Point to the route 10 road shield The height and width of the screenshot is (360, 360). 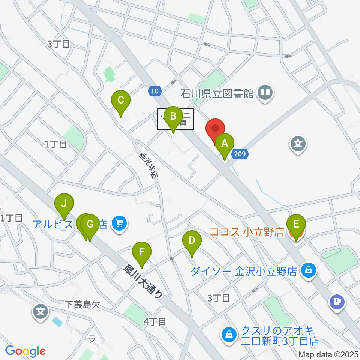[x=155, y=91]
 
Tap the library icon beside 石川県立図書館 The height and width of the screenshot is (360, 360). [x=265, y=92]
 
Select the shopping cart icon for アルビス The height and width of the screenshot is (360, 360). [x=120, y=224]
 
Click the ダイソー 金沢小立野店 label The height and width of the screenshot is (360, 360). [x=244, y=271]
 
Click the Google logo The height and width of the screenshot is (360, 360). [x=25, y=351]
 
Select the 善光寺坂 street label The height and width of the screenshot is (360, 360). [x=147, y=165]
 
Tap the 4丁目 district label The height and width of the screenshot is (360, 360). [x=155, y=321]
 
